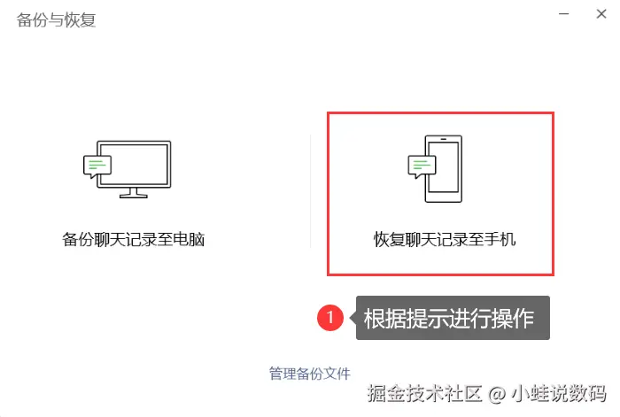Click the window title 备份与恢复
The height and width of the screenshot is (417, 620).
pyautogui.click(x=56, y=19)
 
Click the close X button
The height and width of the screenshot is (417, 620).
pyautogui.click(x=601, y=14)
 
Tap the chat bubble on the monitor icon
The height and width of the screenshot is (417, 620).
pyautogui.click(x=97, y=166)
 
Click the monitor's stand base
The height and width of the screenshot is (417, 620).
pyautogui.click(x=134, y=196)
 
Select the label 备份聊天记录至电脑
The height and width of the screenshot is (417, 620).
pyautogui.click(x=133, y=240)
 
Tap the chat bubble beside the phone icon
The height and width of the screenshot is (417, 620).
pyautogui.click(x=422, y=166)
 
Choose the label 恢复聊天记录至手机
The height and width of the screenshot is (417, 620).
pyautogui.click(x=445, y=240)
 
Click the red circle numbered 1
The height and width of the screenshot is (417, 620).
pyautogui.click(x=330, y=317)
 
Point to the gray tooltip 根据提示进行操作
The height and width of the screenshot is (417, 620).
pyautogui.click(x=453, y=318)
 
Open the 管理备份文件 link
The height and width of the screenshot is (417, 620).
pyautogui.click(x=310, y=374)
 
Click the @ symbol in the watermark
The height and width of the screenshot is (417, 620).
pyautogui.click(x=497, y=394)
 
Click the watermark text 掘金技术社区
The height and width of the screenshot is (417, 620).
pyautogui.click(x=424, y=393)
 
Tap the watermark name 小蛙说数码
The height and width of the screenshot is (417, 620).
pyautogui.click(x=558, y=393)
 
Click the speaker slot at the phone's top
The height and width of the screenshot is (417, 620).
pyautogui.click(x=443, y=139)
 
